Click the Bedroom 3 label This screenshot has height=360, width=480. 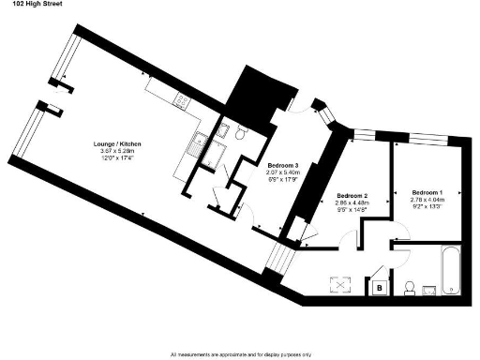pyautogui.click(x=282, y=165)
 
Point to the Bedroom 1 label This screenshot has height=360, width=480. pyautogui.click(x=427, y=191)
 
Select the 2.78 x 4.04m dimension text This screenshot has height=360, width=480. pyautogui.click(x=427, y=199)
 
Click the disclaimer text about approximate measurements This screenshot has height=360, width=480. pyautogui.click(x=239, y=354)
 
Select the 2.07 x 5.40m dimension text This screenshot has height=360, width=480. pyautogui.click(x=282, y=172)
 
